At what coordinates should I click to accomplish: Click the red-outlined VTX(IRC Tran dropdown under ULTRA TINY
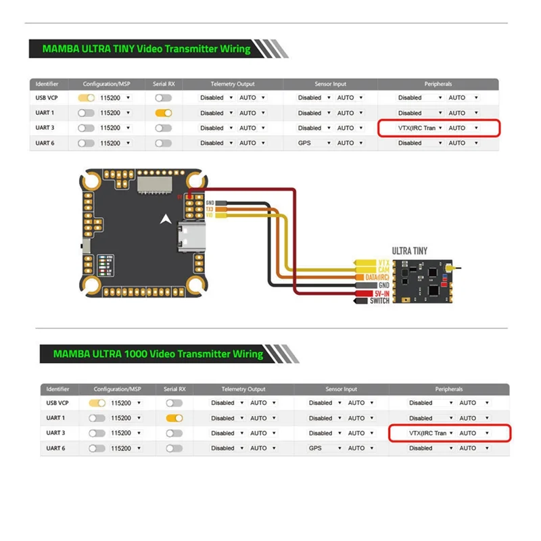pos(412,128)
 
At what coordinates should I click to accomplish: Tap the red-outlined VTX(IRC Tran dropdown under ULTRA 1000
pos(423,433)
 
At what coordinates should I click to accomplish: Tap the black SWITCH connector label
pos(379,301)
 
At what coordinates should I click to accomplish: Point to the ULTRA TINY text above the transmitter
pos(410,250)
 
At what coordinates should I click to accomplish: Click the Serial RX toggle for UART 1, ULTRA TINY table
pos(163,113)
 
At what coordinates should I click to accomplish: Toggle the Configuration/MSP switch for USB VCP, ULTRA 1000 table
pos(97,402)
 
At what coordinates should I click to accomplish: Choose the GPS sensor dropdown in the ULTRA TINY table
pos(314,143)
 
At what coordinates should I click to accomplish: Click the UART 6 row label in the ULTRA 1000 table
pos(55,448)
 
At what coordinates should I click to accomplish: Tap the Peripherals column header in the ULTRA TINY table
pos(438,84)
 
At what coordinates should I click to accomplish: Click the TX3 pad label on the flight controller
pos(210,209)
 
